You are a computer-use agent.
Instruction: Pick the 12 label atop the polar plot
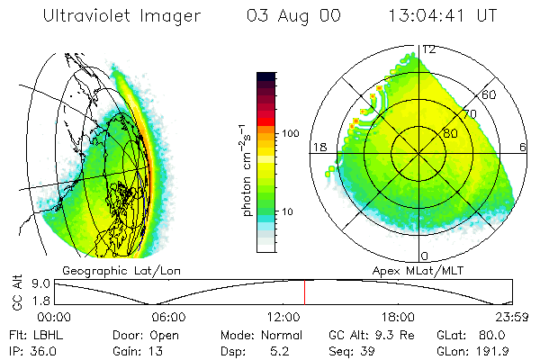pyautogui.click(x=429, y=49)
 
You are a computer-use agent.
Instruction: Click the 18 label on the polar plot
pyautogui.click(x=318, y=147)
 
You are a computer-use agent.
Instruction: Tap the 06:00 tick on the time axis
pyautogui.click(x=167, y=317)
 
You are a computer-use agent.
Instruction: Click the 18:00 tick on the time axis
pyautogui.click(x=398, y=317)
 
